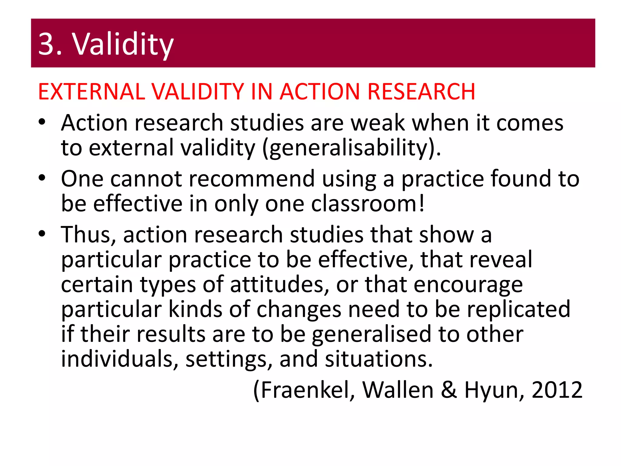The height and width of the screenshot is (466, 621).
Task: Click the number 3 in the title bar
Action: (46, 44)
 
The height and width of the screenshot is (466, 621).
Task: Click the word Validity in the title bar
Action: (123, 44)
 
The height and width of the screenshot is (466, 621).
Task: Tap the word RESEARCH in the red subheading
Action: (421, 91)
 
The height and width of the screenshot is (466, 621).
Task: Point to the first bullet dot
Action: (42, 122)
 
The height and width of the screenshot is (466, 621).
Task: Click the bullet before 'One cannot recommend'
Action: (42, 178)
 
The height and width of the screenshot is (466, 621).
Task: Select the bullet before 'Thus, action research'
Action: (42, 234)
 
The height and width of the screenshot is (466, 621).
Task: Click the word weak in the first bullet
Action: (378, 123)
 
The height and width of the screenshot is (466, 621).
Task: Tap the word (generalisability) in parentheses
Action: (351, 148)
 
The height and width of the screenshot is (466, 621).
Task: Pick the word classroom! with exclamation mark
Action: (368, 204)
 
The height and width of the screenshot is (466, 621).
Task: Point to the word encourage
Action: (468, 285)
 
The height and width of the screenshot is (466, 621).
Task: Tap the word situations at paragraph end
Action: (378, 359)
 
